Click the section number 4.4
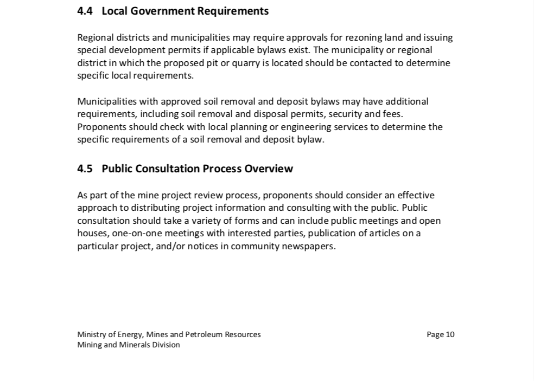85,11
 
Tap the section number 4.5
85,169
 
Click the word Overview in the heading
269,169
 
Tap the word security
346,114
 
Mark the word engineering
324,127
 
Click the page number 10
450,334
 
